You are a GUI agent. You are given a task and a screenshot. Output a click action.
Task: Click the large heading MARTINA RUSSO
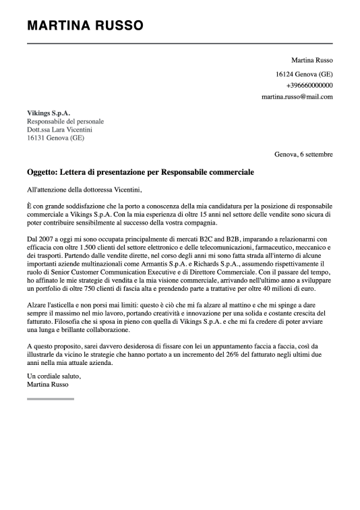(85, 26)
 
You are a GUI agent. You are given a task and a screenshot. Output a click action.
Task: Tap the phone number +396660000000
(309, 86)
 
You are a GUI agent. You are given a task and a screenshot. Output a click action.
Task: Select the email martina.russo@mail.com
(297, 97)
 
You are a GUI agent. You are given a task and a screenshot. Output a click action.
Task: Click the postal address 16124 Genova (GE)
(304, 74)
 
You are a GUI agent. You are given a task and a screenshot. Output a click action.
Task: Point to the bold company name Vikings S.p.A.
(49, 113)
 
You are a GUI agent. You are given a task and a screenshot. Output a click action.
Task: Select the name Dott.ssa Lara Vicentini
(60, 130)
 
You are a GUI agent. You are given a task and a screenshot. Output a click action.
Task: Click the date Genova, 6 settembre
(303, 154)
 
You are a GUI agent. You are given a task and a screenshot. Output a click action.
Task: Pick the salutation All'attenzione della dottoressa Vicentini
(85, 190)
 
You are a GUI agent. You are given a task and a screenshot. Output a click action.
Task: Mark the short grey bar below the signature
(51, 399)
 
